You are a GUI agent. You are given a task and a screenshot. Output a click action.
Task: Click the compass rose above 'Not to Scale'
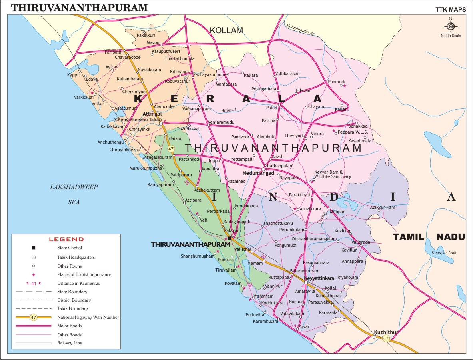pos(451,26)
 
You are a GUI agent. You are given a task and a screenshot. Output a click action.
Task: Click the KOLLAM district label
pos(226,30)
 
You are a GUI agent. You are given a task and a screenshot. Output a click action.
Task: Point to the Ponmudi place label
pos(336,82)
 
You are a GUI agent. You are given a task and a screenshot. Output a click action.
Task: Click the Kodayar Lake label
pos(444,252)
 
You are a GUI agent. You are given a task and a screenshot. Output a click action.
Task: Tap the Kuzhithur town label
pos(386,332)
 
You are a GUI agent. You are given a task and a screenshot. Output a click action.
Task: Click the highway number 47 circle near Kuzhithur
pos(386,338)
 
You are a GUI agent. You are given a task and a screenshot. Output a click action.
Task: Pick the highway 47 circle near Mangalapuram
pos(171,149)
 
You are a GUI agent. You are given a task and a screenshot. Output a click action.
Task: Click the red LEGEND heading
pos(66,239)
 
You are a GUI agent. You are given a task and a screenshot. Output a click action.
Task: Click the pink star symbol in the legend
pos(34,275)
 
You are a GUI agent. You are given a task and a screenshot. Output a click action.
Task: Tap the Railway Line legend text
pos(70,343)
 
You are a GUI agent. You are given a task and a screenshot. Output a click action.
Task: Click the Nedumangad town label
pos(258,173)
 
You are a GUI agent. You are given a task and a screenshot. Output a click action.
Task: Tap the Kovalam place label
pos(233,283)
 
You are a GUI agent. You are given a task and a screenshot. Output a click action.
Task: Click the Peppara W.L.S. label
pos(353,132)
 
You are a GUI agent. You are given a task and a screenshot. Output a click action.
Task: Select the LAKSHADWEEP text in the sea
pos(74,187)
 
